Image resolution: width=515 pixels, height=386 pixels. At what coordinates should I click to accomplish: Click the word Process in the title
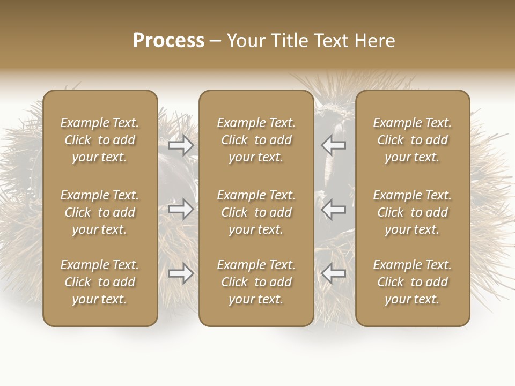(168, 41)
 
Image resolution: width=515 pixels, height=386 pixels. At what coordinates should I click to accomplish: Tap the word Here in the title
(374, 41)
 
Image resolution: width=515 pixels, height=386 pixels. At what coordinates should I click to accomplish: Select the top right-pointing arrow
(181, 145)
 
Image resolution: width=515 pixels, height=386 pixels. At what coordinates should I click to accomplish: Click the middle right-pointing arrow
(181, 209)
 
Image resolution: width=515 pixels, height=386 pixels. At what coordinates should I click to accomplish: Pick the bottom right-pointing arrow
(181, 274)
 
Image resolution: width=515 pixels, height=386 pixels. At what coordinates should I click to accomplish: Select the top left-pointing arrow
(334, 145)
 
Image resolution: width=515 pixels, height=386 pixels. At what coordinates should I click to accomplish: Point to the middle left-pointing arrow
(334, 209)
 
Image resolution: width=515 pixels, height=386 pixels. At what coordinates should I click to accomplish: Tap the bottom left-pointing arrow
(334, 274)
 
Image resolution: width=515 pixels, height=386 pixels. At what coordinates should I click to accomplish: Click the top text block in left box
(100, 140)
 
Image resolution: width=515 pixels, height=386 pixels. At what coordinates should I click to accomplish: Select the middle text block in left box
(100, 212)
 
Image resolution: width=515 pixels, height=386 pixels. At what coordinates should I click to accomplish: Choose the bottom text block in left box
(100, 282)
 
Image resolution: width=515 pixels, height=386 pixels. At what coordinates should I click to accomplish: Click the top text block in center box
(256, 140)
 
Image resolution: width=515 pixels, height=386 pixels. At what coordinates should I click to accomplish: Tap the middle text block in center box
(256, 212)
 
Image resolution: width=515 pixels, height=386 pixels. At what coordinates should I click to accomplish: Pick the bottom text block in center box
(256, 282)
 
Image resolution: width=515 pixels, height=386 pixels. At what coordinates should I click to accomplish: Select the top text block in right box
(412, 140)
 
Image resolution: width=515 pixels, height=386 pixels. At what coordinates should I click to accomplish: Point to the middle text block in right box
(412, 212)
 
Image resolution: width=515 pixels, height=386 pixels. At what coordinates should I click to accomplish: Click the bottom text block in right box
(412, 282)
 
